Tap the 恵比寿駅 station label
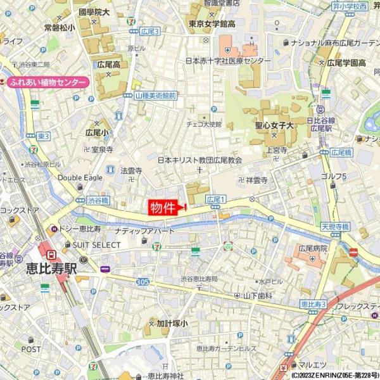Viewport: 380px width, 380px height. click(x=51, y=268)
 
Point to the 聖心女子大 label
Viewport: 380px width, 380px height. click(x=279, y=127)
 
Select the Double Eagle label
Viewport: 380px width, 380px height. click(x=80, y=178)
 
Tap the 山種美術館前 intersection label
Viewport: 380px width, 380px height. click(x=156, y=95)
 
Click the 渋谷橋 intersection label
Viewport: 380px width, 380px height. click(x=98, y=200)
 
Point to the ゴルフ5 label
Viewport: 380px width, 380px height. click(x=333, y=175)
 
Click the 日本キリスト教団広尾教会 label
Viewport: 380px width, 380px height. click(x=200, y=160)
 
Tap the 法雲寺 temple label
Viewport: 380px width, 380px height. click(x=131, y=170)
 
